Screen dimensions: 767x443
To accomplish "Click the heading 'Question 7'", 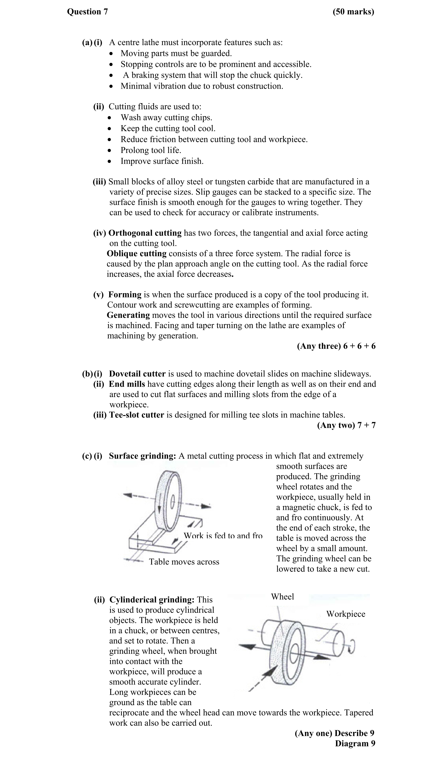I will (87, 12).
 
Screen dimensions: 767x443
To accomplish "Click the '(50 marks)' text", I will (353, 12).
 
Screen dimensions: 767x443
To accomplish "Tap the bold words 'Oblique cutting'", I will (137, 254).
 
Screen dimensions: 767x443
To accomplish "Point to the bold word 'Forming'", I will (125, 295).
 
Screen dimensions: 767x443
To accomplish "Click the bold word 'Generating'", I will (128, 315).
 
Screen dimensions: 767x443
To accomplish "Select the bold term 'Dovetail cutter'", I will (137, 374).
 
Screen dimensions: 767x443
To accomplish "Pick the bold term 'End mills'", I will (127, 384).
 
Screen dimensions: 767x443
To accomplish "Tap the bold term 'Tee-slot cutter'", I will (137, 415).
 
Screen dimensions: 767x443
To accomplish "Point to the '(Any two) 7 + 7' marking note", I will (346, 425).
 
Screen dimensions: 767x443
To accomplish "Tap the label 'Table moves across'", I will (184, 562).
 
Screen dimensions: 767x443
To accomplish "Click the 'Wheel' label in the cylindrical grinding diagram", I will (282, 597).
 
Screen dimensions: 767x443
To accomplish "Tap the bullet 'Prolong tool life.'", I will (151, 150).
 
